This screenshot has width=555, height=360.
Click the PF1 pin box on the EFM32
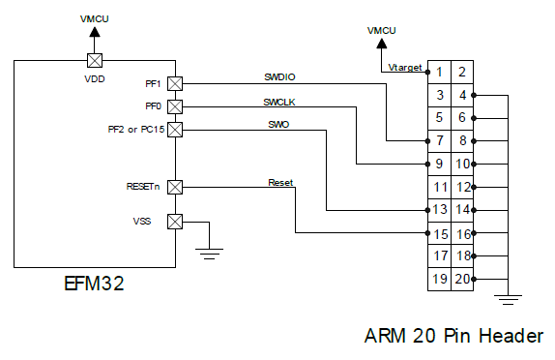(175, 83)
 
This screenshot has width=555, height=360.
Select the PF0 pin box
(175, 105)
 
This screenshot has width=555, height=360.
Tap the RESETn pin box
(175, 186)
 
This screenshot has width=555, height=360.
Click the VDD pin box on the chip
(95, 58)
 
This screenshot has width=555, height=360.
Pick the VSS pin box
(175, 222)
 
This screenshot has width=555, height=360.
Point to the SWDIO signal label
(280, 76)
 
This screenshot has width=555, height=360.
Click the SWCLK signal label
(280, 101)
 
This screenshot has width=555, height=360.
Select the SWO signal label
(277, 124)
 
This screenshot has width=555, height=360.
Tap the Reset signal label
(280, 182)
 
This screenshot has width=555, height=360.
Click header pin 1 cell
(439, 72)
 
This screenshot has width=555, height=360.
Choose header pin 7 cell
(439, 141)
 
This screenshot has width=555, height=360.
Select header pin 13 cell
(439, 210)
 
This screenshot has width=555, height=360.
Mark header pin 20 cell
(462, 280)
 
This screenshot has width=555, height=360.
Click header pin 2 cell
(462, 72)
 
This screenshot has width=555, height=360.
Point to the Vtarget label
(404, 68)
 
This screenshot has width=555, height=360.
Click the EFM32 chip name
(93, 285)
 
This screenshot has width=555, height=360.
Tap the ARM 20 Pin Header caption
(453, 336)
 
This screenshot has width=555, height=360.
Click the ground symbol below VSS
(208, 253)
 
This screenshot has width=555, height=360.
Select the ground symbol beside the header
(512, 297)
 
